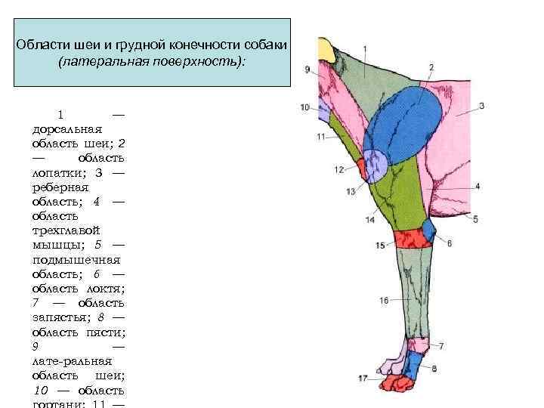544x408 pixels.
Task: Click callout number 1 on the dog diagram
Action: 366,49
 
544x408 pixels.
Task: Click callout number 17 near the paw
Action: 363,378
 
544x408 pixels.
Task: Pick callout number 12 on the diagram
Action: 339,170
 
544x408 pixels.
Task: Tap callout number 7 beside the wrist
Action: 441,346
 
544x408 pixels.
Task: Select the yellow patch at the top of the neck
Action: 327,51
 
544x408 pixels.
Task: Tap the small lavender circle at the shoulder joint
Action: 373,164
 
